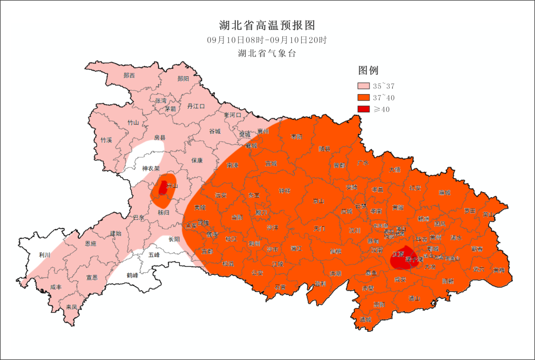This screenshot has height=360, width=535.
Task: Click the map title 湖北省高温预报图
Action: pyautogui.click(x=267, y=25)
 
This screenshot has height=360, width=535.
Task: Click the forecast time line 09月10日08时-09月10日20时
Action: pyautogui.click(x=267, y=40)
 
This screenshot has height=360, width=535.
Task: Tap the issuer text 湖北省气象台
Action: pyautogui.click(x=267, y=53)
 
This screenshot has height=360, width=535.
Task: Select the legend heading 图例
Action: pyautogui.click(x=368, y=70)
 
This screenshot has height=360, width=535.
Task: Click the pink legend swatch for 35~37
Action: pyautogui.click(x=364, y=86)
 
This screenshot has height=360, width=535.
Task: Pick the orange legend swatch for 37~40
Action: pyautogui.click(x=364, y=98)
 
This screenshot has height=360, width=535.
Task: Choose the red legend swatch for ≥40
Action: pyautogui.click(x=364, y=109)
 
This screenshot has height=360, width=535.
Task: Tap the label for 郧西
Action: pyautogui.click(x=129, y=75)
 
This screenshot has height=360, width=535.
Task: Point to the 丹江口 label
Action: pyautogui.click(x=196, y=106)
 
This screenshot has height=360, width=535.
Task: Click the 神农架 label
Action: pyautogui.click(x=151, y=168)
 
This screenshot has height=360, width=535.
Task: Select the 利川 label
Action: pyautogui.click(x=45, y=255)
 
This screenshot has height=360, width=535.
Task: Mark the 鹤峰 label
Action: pyautogui.click(x=132, y=275)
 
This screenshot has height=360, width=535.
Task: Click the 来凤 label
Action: pyautogui.click(x=71, y=307)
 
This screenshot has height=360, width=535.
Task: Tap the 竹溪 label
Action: pyautogui.click(x=106, y=140)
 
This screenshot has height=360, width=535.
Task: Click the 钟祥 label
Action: pyautogui.click(x=284, y=191)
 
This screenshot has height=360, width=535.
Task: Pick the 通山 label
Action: pyautogui.click(x=414, y=298)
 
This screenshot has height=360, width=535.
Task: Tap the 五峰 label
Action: pyautogui.click(x=154, y=255)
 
